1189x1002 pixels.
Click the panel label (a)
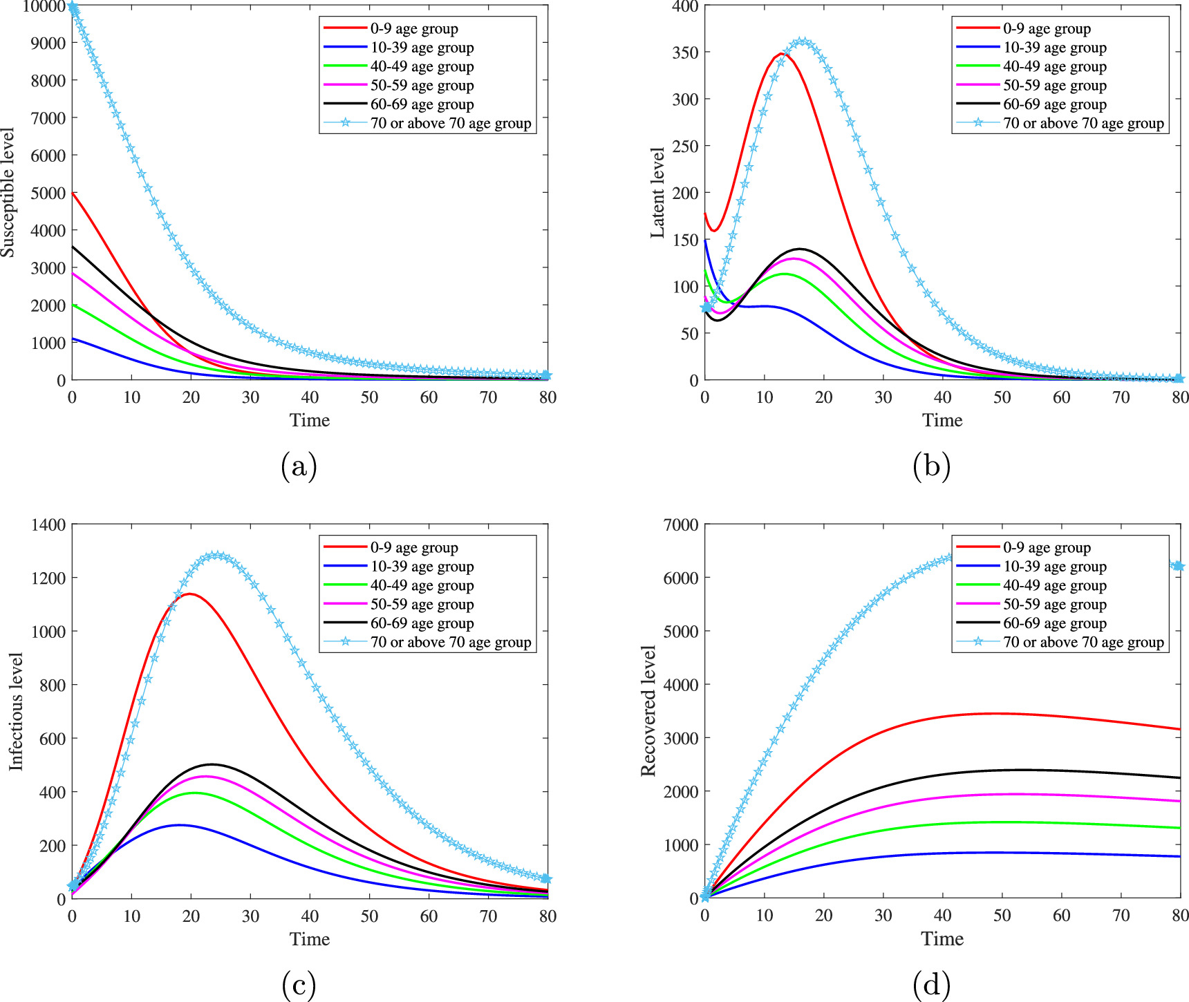[x=299, y=466]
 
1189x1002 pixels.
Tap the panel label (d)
[x=931, y=984]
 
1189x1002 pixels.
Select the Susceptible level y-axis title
[x=8, y=192]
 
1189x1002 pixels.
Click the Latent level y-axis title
[x=657, y=193]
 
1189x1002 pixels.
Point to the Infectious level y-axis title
[x=16, y=711]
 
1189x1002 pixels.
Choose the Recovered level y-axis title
[x=648, y=711]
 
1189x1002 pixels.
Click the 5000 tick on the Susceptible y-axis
[x=48, y=193]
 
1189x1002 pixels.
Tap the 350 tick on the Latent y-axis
[x=685, y=53]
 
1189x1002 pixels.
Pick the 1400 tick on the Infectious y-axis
[x=48, y=524]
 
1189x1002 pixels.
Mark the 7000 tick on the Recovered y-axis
[x=681, y=524]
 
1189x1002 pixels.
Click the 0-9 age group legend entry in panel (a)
[x=413, y=29]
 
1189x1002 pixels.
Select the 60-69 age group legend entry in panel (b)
[x=1054, y=105]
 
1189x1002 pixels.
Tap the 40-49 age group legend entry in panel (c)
[x=422, y=585]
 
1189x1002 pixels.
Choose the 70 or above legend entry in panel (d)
[x=1083, y=643]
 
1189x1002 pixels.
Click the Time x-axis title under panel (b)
[x=942, y=420]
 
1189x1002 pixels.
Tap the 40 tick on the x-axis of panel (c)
[x=310, y=916]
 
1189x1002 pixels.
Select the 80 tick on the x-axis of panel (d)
[x=1179, y=916]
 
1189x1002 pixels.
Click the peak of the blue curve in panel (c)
[x=180, y=825]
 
